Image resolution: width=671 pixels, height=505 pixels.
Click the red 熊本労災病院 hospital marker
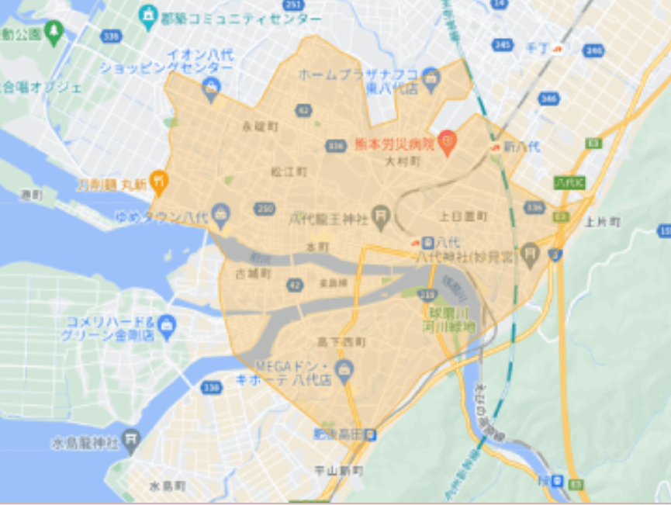[446, 141]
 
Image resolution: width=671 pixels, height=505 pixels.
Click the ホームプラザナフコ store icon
[431, 78]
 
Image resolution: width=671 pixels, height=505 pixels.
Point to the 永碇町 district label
[259, 126]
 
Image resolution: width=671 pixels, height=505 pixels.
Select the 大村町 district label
[403, 161]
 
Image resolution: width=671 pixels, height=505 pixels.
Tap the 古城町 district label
[254, 274]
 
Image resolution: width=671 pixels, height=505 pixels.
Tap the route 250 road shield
[265, 209]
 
